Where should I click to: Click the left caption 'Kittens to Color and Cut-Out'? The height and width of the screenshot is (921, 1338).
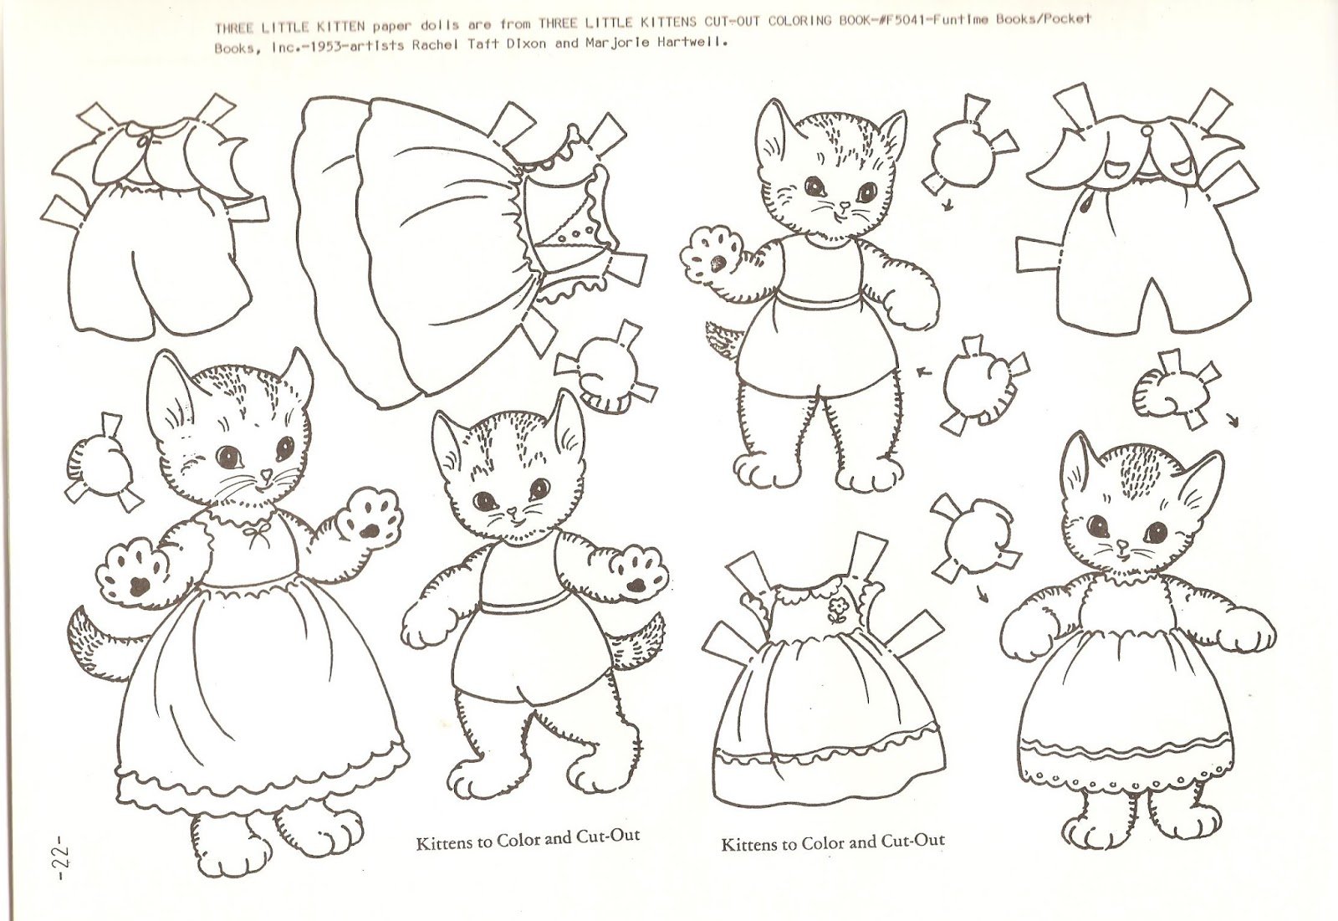(528, 839)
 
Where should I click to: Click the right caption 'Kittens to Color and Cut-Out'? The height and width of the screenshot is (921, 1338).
(833, 842)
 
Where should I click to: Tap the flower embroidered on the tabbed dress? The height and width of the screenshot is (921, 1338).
(837, 611)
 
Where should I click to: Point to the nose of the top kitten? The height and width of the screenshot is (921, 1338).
(844, 206)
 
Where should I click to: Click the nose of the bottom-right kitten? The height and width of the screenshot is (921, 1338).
(1122, 544)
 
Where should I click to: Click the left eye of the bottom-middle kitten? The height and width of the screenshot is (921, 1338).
(486, 499)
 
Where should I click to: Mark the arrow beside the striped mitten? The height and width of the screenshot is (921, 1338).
(1233, 420)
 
